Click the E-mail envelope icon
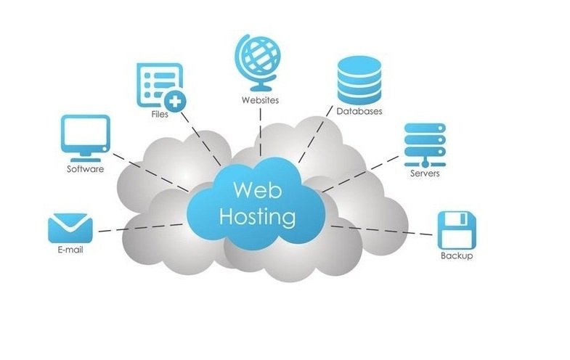pos(70,228)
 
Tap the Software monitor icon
pos(86,136)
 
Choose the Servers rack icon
pos(423,143)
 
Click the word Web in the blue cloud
pos(253,190)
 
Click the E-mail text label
pos(70,251)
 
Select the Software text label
pos(85,169)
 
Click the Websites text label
pos(260,99)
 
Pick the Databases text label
pos(359,111)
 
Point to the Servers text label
pos(425,173)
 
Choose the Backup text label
pos(457,256)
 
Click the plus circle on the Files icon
pos(174,99)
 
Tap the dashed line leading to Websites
pos(259,134)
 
